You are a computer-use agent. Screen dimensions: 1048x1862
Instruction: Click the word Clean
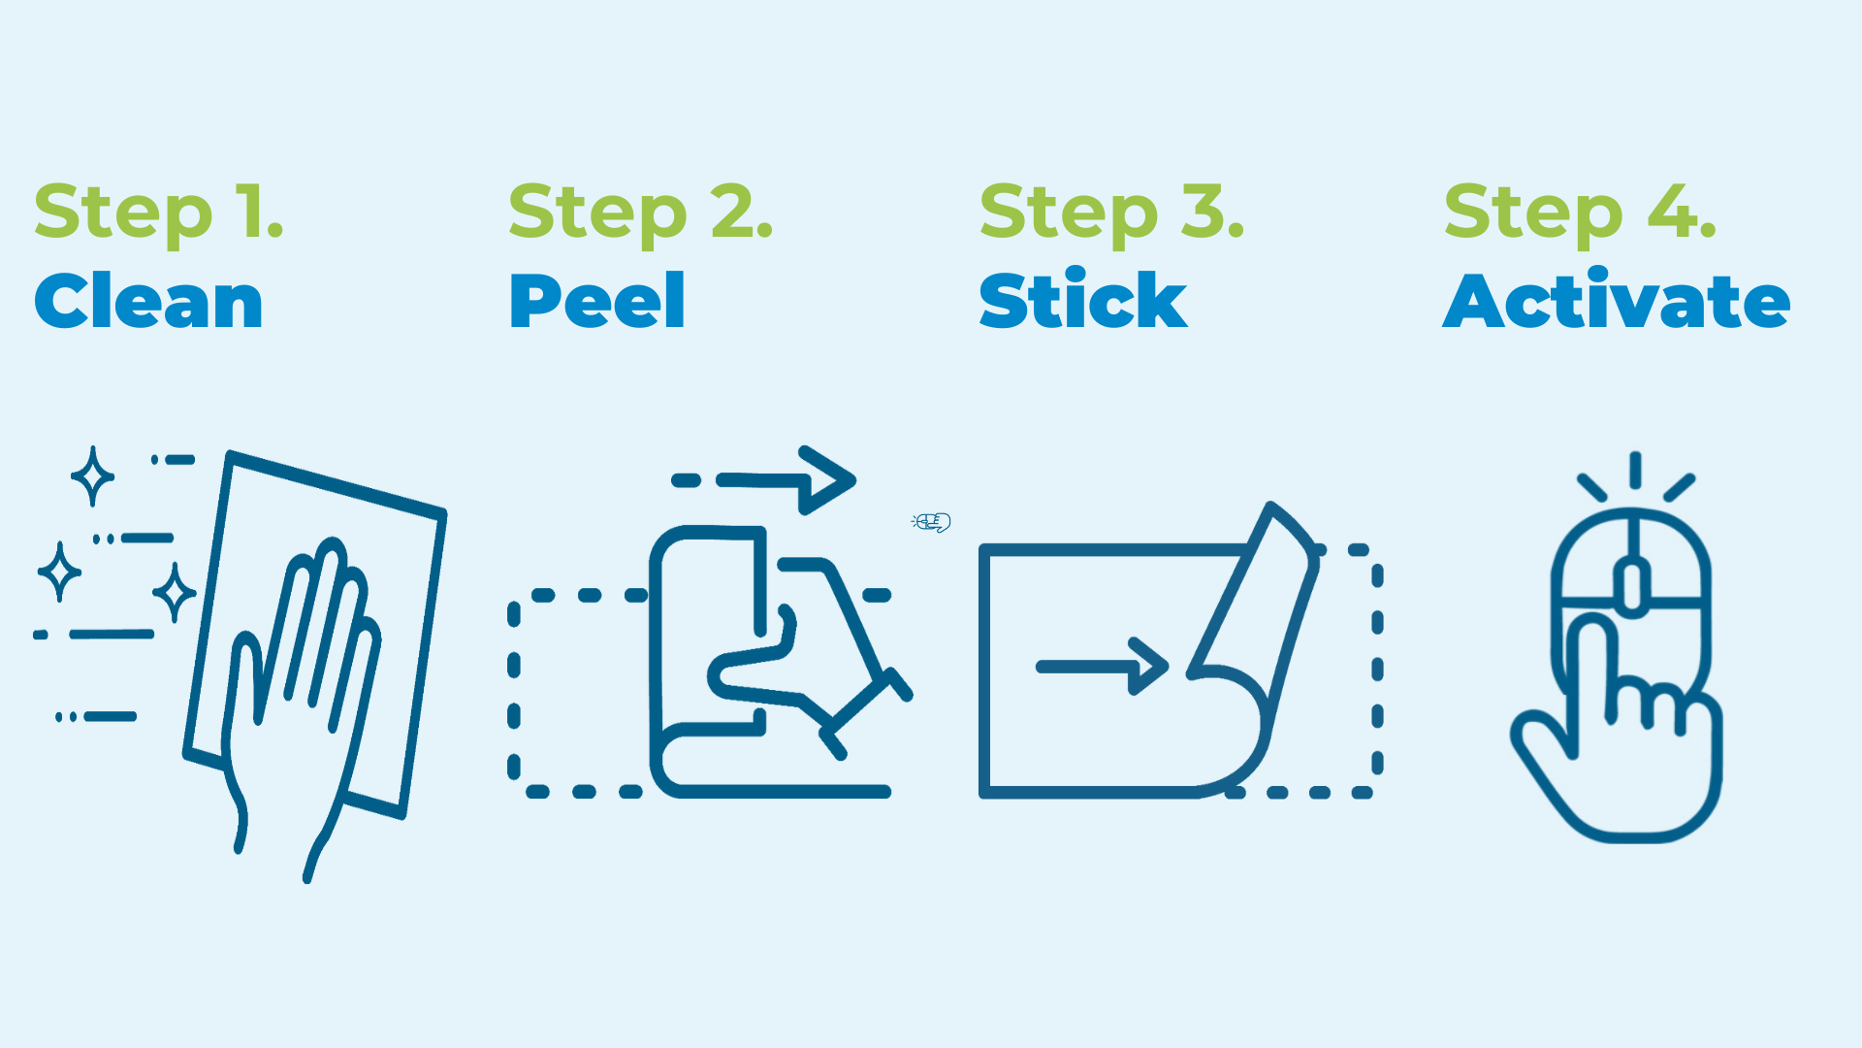[x=148, y=302]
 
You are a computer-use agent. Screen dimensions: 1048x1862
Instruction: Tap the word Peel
[x=597, y=302]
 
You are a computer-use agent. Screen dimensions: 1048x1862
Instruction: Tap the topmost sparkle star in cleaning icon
[x=93, y=475]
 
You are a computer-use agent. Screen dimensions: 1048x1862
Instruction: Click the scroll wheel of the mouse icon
[x=1632, y=587]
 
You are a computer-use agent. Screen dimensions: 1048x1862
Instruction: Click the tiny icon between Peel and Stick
[x=931, y=522]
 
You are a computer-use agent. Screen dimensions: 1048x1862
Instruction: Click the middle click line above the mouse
[x=1635, y=471]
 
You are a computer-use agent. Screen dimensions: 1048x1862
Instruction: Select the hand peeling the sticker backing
[x=805, y=660]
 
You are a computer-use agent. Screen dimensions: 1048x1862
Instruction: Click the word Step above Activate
[x=1532, y=213]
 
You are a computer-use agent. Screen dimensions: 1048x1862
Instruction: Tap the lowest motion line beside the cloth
[x=109, y=717]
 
